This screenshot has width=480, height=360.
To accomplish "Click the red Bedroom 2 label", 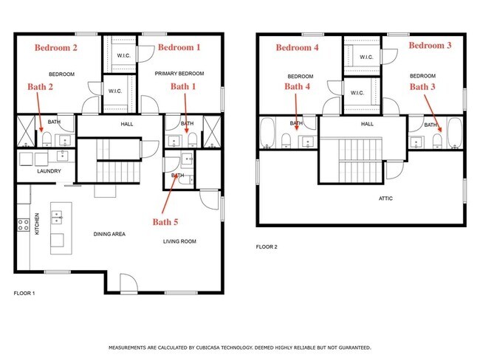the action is [55, 48].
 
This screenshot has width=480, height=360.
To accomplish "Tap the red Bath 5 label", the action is [165, 222].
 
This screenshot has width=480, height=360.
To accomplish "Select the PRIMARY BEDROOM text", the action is [179, 74].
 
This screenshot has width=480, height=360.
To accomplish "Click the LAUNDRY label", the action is [49, 171].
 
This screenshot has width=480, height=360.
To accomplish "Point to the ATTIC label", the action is [385, 198].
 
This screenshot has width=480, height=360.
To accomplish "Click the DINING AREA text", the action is [109, 234].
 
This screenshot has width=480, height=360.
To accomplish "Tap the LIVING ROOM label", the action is [179, 241].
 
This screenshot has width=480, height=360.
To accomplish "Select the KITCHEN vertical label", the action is [37, 224].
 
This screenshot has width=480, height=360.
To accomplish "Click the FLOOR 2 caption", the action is [267, 247].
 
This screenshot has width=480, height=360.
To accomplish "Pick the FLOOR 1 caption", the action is [24, 294].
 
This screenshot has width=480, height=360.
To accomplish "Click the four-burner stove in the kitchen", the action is [24, 225].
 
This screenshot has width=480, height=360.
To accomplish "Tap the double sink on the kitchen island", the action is [57, 217].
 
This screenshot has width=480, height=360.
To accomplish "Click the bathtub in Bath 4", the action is [268, 133].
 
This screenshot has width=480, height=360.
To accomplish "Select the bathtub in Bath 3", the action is [455, 133].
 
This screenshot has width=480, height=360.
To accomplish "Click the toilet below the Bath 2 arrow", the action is [47, 139].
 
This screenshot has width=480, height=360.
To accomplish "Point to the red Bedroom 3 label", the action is [430, 46].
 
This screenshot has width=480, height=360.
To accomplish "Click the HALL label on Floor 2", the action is [367, 124].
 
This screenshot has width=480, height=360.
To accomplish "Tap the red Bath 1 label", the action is [183, 86].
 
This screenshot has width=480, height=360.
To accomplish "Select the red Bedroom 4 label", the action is [298, 48].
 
